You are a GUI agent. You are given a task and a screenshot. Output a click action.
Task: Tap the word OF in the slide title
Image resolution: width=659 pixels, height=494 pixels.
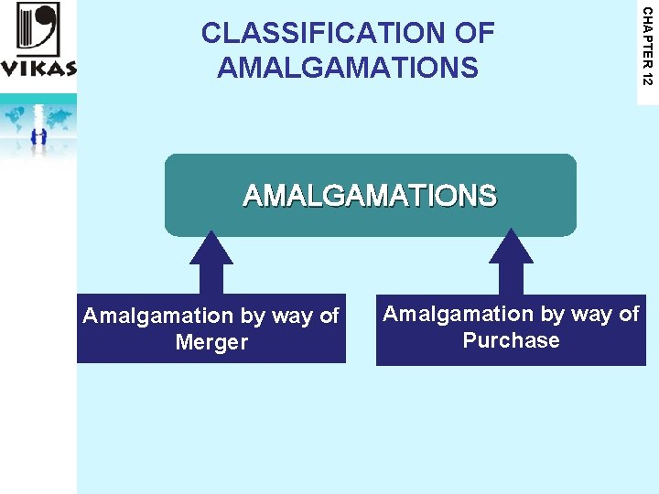click(x=473, y=34)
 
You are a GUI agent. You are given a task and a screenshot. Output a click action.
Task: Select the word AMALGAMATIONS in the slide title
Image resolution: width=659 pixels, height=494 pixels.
click(x=348, y=67)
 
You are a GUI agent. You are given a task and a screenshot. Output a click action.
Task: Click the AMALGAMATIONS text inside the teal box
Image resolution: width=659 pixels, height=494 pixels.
click(x=370, y=196)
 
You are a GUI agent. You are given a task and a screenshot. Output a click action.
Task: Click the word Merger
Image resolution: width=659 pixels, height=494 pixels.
click(x=211, y=343)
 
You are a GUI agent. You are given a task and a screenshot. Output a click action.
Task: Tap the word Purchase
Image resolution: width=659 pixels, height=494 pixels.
click(x=511, y=341)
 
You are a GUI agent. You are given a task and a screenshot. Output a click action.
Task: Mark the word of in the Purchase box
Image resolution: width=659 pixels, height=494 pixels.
click(x=629, y=315)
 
